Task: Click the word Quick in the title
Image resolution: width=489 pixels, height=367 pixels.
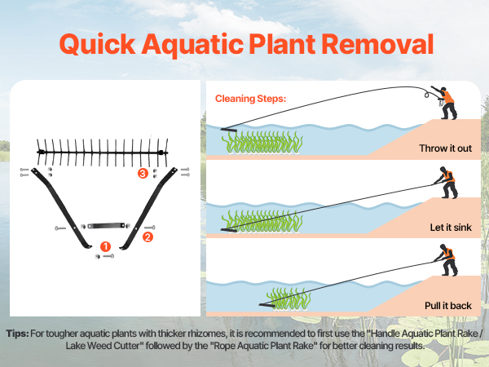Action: (x=97, y=45)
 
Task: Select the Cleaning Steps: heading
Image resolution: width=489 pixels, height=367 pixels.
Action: (x=250, y=99)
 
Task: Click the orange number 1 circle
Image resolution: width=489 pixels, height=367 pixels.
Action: (x=106, y=246)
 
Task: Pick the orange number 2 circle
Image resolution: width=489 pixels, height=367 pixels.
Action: (x=148, y=237)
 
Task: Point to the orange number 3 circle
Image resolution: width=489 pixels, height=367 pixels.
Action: (x=143, y=173)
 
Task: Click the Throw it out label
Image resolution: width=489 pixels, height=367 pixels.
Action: (x=445, y=148)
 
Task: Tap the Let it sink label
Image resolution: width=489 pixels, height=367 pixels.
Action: (x=451, y=228)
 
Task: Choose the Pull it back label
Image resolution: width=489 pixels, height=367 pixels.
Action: (x=447, y=306)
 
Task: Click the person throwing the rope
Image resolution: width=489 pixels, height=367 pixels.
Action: (x=444, y=103)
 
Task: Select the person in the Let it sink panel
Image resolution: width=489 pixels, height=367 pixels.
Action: (x=447, y=183)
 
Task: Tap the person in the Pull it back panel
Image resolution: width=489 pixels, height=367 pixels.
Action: (x=447, y=260)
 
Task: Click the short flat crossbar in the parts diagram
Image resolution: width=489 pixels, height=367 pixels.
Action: (x=106, y=225)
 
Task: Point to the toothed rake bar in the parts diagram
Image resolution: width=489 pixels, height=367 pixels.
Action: (x=103, y=153)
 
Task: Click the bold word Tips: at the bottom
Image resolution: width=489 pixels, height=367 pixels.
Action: (x=17, y=334)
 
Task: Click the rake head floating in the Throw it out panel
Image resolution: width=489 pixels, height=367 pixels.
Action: (x=229, y=129)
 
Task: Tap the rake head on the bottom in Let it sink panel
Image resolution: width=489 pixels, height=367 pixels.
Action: (x=229, y=230)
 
